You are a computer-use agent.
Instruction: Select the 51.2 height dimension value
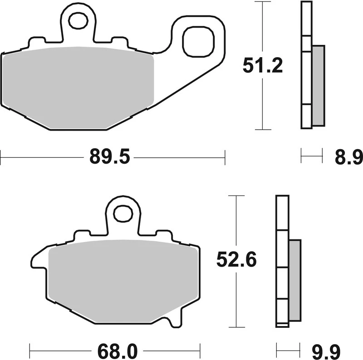tap(263, 66)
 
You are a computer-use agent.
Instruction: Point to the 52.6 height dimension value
tap(236, 260)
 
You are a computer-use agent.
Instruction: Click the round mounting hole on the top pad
tap(78, 20)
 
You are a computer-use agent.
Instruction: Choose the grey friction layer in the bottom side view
tap(294, 279)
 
